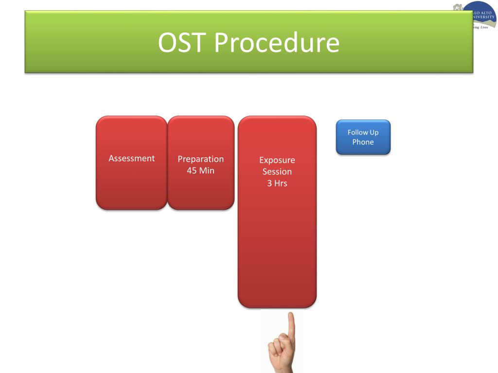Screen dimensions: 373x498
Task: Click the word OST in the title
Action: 182,42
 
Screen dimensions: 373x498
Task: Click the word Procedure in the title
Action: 277,42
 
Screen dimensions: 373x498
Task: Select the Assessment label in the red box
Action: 131,158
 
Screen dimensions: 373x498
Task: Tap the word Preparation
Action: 200,159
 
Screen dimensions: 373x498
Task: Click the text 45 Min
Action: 200,170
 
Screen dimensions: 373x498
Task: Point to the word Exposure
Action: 277,160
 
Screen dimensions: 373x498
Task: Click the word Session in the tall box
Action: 277,171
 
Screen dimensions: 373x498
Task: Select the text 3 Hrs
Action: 277,183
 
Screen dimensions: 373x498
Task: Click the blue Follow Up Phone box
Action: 363,137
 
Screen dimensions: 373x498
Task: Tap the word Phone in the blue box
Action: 363,142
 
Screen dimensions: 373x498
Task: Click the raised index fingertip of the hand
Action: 290,316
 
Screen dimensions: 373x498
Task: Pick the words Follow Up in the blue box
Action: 363,132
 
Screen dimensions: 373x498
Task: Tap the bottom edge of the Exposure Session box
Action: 277,306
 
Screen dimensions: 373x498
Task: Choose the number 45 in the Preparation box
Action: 191,170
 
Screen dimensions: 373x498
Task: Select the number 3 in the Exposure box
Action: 269,183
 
